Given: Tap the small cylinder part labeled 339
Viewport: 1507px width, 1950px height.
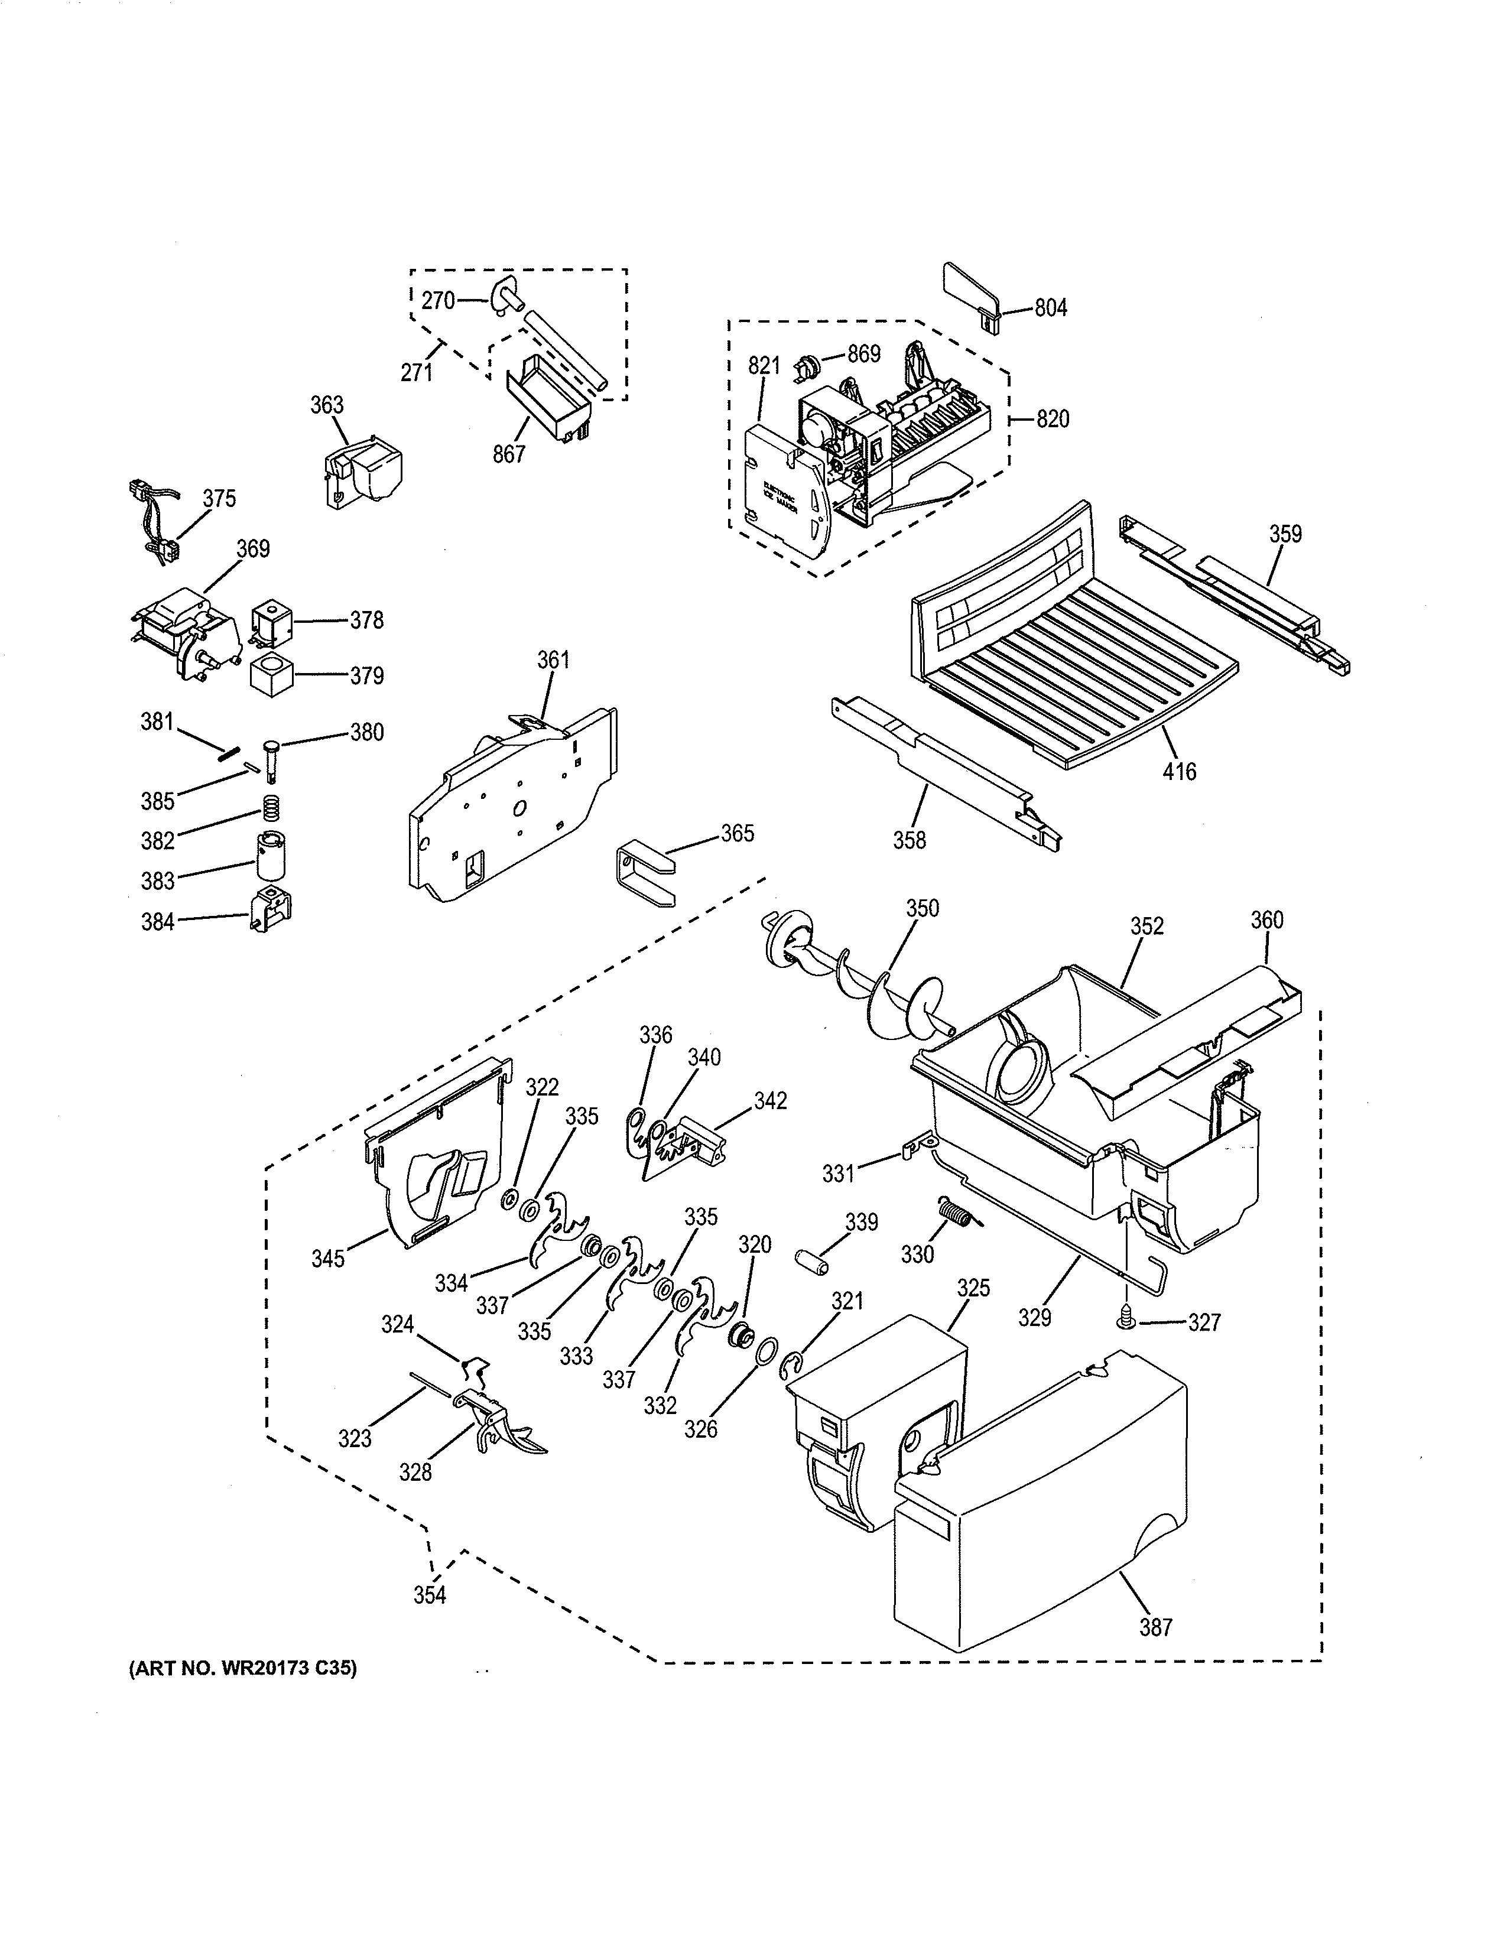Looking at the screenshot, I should click(811, 1265).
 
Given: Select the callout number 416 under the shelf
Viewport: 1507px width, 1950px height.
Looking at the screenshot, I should click(1180, 771).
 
